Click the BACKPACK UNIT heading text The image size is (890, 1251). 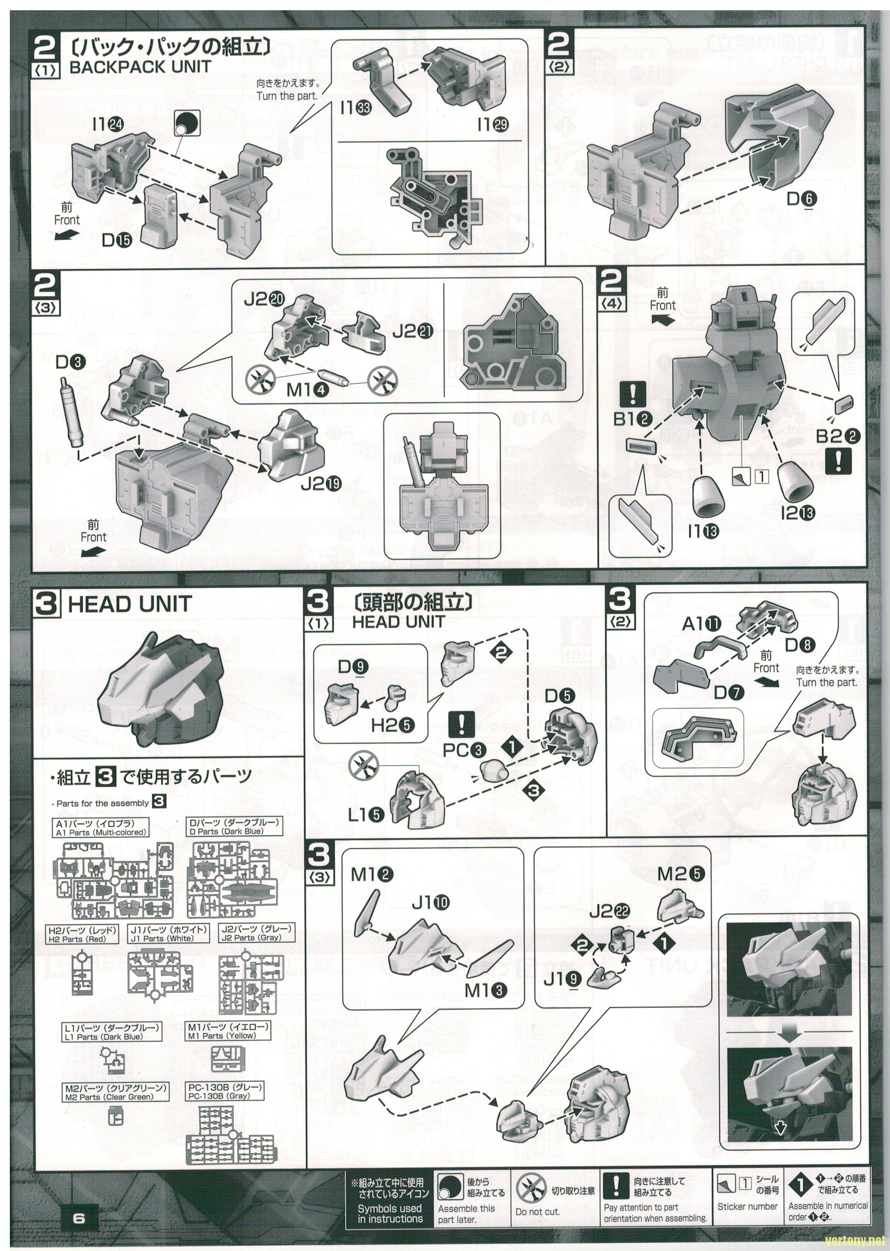140,67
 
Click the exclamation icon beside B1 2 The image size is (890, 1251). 633,394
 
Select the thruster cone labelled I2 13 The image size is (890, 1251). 794,481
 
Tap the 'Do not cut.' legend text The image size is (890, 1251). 537,1212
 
